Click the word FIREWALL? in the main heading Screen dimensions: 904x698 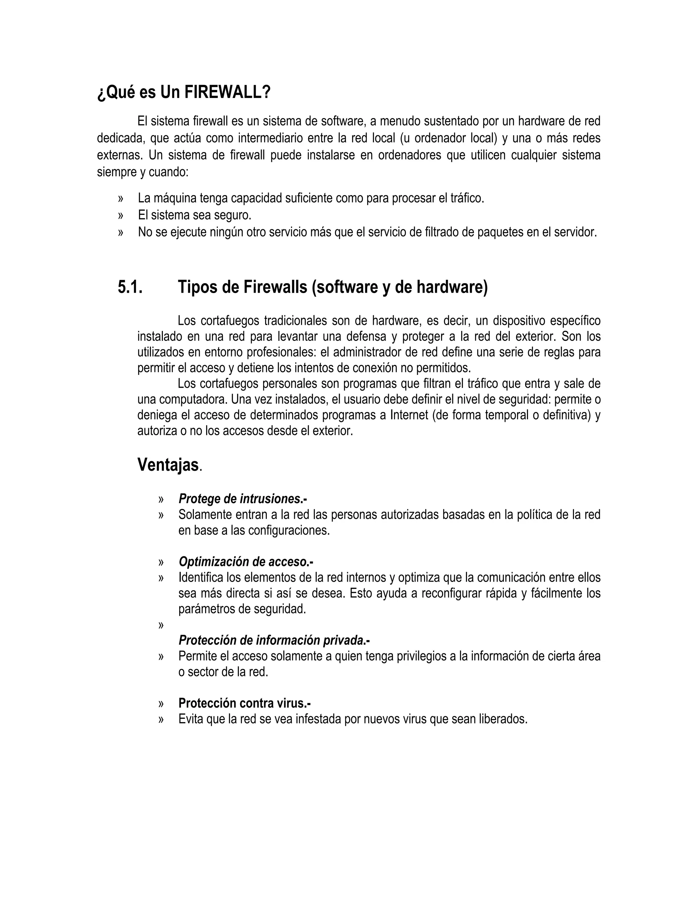point(227,92)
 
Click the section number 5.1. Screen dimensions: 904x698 point(130,287)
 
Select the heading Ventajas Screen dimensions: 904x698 point(168,464)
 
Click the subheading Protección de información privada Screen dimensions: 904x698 point(273,640)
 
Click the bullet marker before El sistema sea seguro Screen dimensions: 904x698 point(121,216)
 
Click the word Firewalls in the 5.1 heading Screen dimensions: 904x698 point(275,287)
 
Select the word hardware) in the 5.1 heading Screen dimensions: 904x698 point(452,287)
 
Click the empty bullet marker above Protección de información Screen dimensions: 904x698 point(161,625)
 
